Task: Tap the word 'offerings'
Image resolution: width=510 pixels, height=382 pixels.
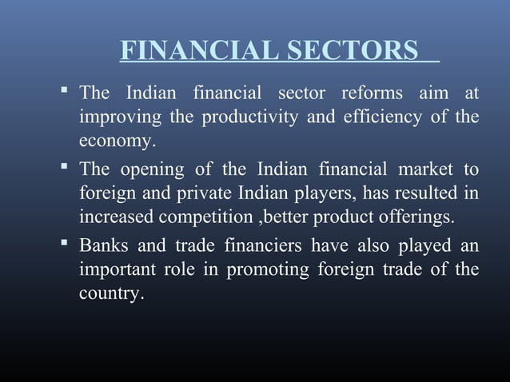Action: pos(416,217)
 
